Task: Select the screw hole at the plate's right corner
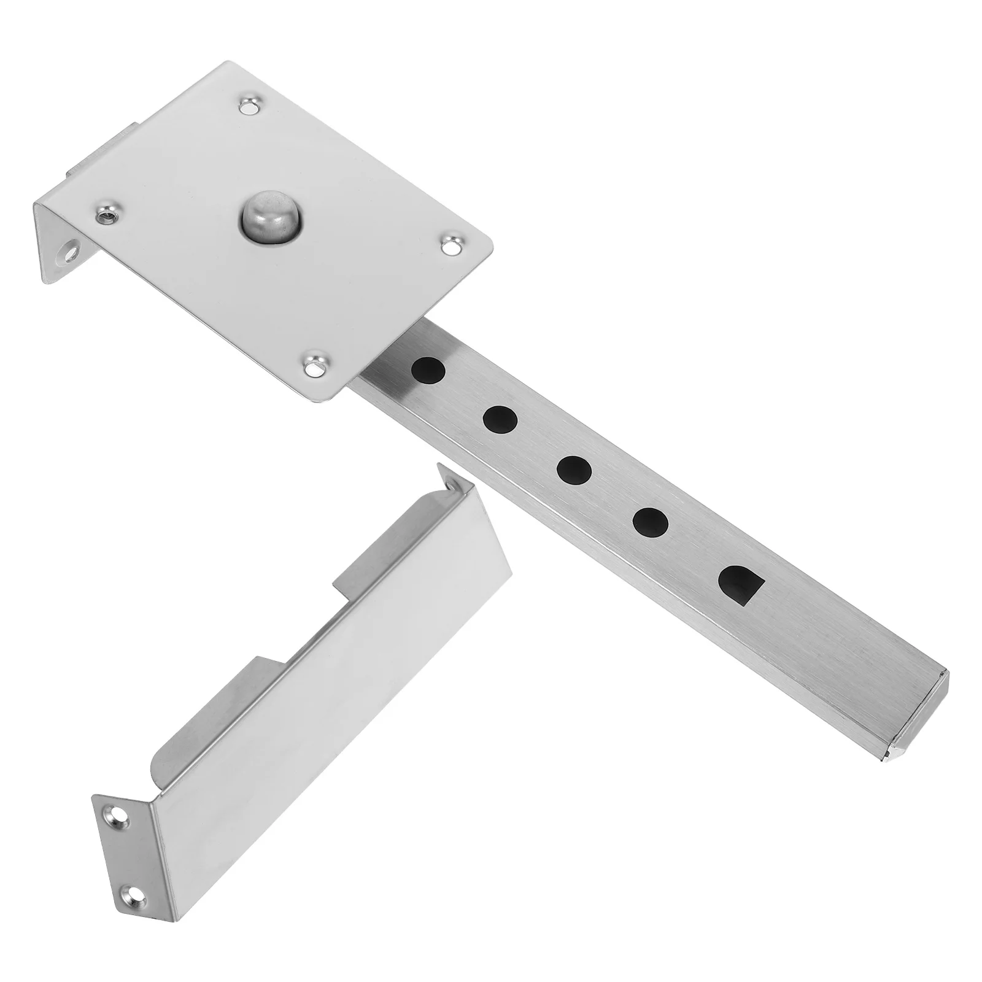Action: (x=452, y=245)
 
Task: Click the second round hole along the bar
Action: (x=500, y=419)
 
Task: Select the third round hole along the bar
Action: (x=574, y=470)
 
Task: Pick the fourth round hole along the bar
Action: (x=651, y=522)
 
